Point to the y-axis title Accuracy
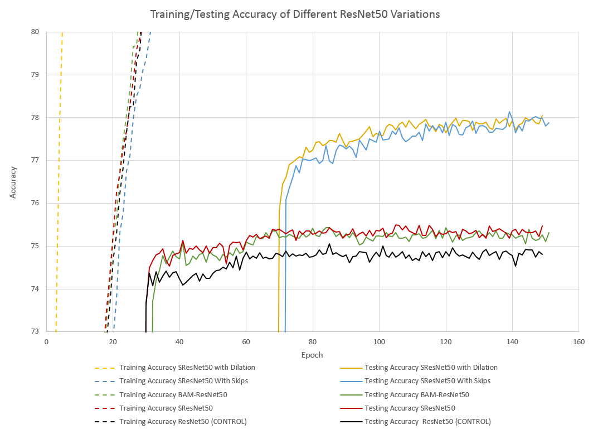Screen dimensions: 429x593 (x=13, y=181)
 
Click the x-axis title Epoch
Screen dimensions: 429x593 (x=312, y=355)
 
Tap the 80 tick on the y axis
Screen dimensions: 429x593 (x=35, y=32)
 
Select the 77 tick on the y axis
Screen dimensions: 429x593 (x=35, y=160)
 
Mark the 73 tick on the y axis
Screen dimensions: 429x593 (x=35, y=331)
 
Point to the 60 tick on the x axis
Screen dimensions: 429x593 (x=246, y=341)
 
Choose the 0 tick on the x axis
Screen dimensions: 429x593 (x=46, y=341)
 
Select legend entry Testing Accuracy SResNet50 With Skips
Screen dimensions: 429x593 (x=427, y=381)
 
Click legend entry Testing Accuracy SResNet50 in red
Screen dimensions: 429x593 (x=410, y=408)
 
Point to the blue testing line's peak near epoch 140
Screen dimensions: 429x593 (x=509, y=112)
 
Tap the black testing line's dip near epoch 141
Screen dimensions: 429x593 (x=516, y=266)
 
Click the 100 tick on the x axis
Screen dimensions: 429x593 (x=379, y=341)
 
